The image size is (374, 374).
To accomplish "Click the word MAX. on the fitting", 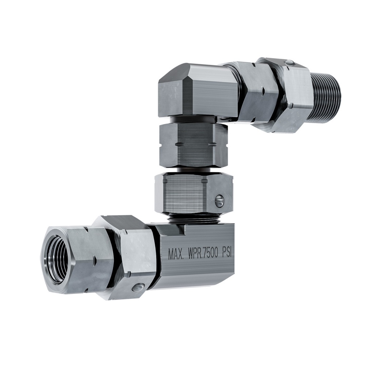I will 176,254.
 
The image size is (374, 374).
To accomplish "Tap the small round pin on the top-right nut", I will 289,63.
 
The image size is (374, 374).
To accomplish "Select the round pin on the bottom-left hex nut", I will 137,287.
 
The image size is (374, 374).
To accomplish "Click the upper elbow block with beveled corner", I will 197,91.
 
